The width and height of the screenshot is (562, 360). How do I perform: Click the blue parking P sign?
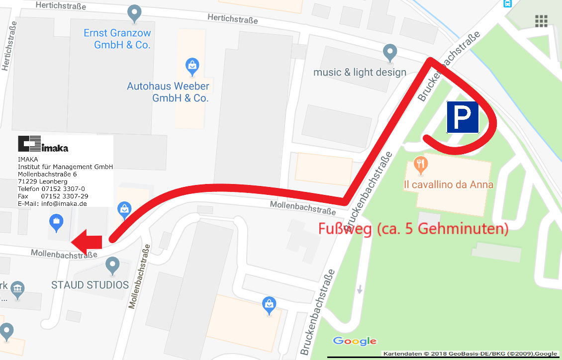[x=463, y=118]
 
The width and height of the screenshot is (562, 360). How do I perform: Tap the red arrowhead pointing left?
[x=86, y=242]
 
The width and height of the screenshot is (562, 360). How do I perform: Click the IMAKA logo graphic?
[x=43, y=144]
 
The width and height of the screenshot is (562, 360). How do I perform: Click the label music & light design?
[x=360, y=73]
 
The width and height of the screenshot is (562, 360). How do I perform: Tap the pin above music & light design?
[x=390, y=51]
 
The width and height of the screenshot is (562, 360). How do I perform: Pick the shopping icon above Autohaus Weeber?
[x=192, y=65]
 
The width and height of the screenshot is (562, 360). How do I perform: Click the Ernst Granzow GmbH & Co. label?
[x=117, y=39]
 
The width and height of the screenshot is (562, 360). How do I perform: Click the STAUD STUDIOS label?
[x=90, y=285]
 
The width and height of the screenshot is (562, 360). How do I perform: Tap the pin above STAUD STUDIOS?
[x=113, y=265]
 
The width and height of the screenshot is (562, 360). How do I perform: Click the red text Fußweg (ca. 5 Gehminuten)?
[x=413, y=229]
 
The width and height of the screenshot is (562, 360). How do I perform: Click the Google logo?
[x=355, y=341]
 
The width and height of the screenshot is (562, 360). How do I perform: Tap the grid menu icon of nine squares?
[x=541, y=21]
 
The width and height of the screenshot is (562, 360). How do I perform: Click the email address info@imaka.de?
[x=52, y=203]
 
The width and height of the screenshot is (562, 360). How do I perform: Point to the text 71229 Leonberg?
[x=42, y=181]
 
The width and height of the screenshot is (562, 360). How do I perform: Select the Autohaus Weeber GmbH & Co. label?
[x=168, y=92]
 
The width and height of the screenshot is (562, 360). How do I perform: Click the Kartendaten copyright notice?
[x=470, y=354]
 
